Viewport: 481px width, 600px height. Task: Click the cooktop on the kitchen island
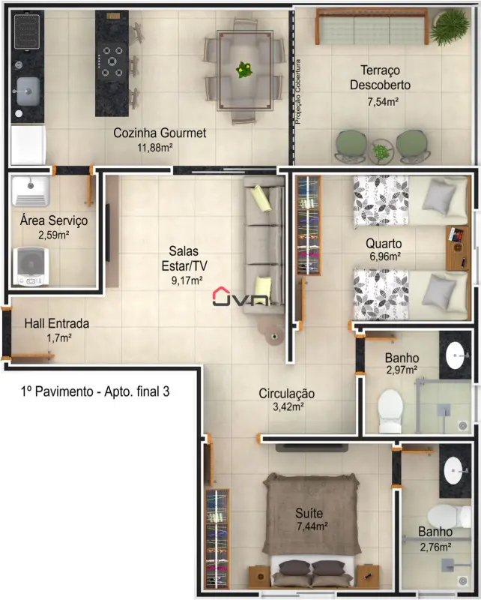click(x=112, y=61)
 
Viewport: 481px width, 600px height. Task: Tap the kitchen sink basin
click(x=28, y=91)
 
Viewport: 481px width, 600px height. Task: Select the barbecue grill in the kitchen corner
click(x=27, y=31)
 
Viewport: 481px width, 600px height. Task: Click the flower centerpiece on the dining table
click(x=244, y=70)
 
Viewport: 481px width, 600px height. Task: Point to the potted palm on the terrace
click(x=450, y=27)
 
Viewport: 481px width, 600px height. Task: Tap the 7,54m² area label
click(x=383, y=102)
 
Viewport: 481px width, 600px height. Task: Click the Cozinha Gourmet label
click(x=160, y=133)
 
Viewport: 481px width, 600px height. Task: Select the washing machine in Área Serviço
click(x=31, y=267)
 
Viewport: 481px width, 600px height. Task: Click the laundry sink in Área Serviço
click(x=31, y=191)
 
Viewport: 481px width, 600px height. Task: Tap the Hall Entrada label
click(x=57, y=323)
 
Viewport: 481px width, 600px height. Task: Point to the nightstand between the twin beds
click(x=457, y=248)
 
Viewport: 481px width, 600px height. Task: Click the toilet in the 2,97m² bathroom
click(x=390, y=411)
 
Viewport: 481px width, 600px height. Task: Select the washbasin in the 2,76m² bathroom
click(x=454, y=470)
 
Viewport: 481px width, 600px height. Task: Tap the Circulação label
click(x=287, y=393)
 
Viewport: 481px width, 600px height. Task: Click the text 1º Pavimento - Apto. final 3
click(x=95, y=391)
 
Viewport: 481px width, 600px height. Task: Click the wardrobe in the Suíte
click(x=217, y=538)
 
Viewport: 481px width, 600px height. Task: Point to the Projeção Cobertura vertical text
click(x=298, y=91)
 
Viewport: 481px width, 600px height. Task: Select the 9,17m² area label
click(x=187, y=280)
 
